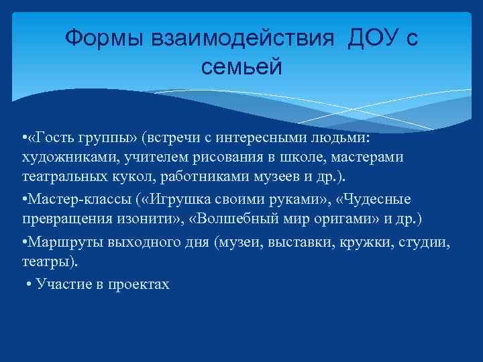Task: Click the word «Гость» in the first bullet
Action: point(62,138)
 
